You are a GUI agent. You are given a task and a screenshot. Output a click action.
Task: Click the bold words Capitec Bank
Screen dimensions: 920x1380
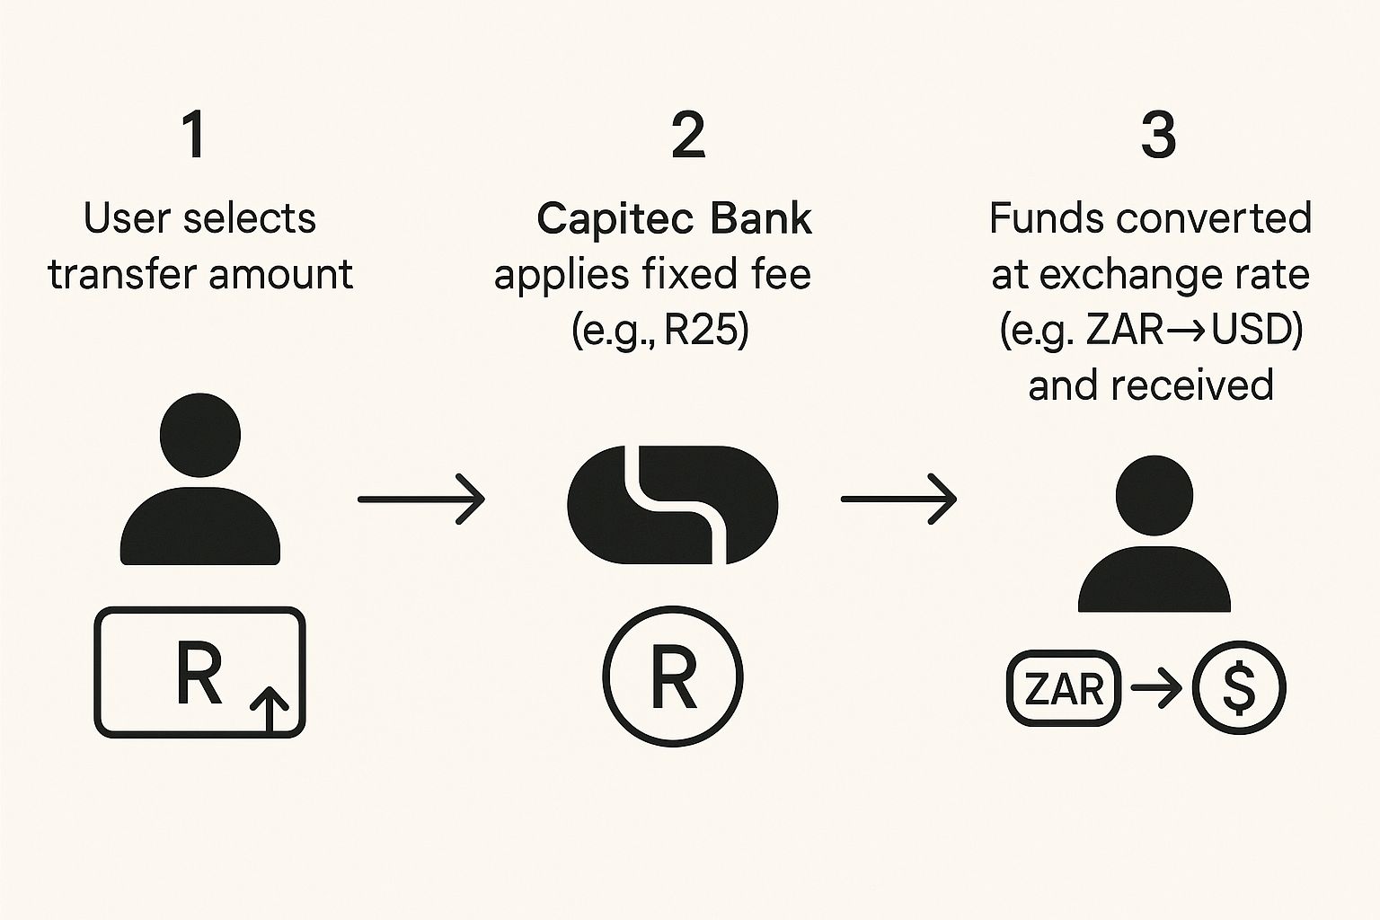coord(674,219)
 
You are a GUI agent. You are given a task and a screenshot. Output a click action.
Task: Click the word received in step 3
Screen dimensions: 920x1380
coord(1192,386)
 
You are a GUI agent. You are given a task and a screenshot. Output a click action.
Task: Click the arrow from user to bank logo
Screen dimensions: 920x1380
coord(421,498)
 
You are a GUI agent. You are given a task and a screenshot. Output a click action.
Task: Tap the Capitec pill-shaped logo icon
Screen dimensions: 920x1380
coord(672,505)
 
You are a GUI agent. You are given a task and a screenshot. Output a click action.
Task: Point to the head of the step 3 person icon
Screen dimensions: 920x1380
coord(1154,496)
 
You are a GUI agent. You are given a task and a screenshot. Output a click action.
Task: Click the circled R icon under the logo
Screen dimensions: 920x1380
coord(673,676)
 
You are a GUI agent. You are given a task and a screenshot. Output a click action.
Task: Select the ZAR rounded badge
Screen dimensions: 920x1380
coord(1065,689)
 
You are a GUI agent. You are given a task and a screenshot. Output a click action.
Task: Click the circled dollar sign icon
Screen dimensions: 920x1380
coord(1239,689)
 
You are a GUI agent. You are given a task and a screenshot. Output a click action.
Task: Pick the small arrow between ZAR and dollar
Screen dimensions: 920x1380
coord(1156,689)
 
